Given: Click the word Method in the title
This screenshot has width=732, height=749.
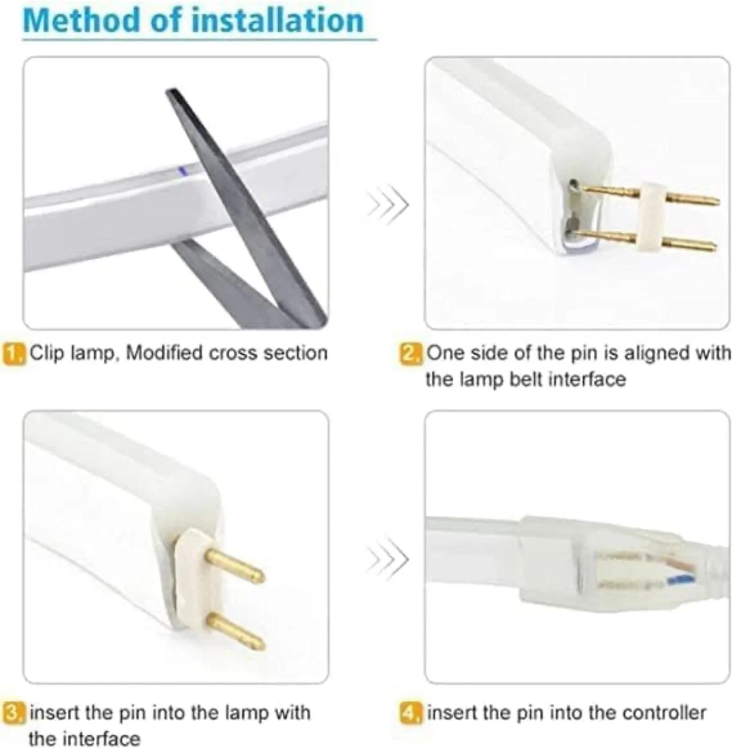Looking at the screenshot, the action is (81, 21).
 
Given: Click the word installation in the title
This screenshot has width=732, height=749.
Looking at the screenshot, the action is (278, 21).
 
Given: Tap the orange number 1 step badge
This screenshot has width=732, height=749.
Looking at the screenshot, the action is (14, 353).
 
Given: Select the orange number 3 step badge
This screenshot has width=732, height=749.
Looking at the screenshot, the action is (14, 713).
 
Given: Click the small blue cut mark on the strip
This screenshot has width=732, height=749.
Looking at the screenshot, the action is (184, 171).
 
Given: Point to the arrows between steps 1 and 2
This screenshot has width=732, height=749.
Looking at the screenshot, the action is (387, 205).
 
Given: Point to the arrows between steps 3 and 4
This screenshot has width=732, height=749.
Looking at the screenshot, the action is (387, 559).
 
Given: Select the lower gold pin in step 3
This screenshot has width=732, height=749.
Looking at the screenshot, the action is (235, 633).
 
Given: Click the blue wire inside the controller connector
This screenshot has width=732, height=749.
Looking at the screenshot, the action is (680, 578).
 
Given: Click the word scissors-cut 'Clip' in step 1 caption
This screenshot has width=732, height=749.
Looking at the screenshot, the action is (47, 353).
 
